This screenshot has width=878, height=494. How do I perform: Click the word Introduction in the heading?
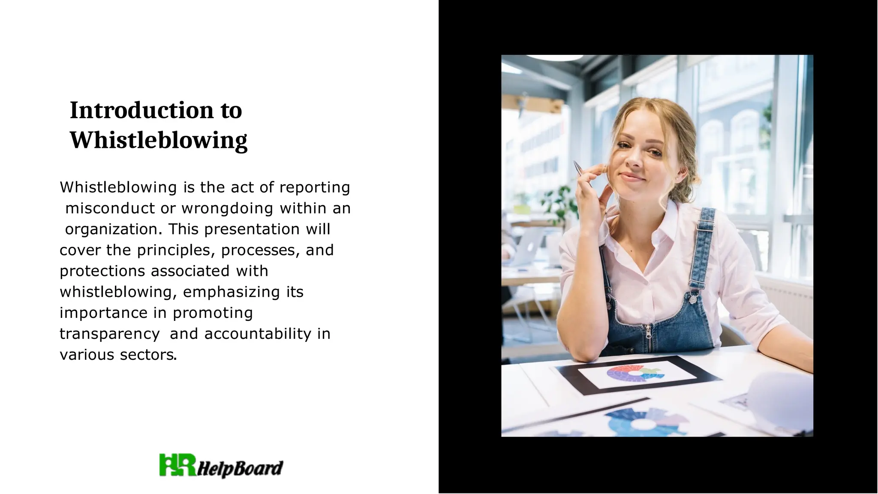click(x=141, y=110)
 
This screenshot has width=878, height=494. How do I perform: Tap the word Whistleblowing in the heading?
click(x=159, y=140)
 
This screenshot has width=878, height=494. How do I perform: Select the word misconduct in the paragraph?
click(x=110, y=208)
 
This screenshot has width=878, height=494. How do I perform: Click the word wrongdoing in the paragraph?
click(x=227, y=208)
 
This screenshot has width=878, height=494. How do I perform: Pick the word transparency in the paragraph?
click(x=110, y=334)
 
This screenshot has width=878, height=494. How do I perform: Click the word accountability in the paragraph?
click(x=258, y=334)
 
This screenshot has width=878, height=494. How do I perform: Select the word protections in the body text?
click(x=102, y=271)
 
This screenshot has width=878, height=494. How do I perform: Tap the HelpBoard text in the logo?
click(x=240, y=468)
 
